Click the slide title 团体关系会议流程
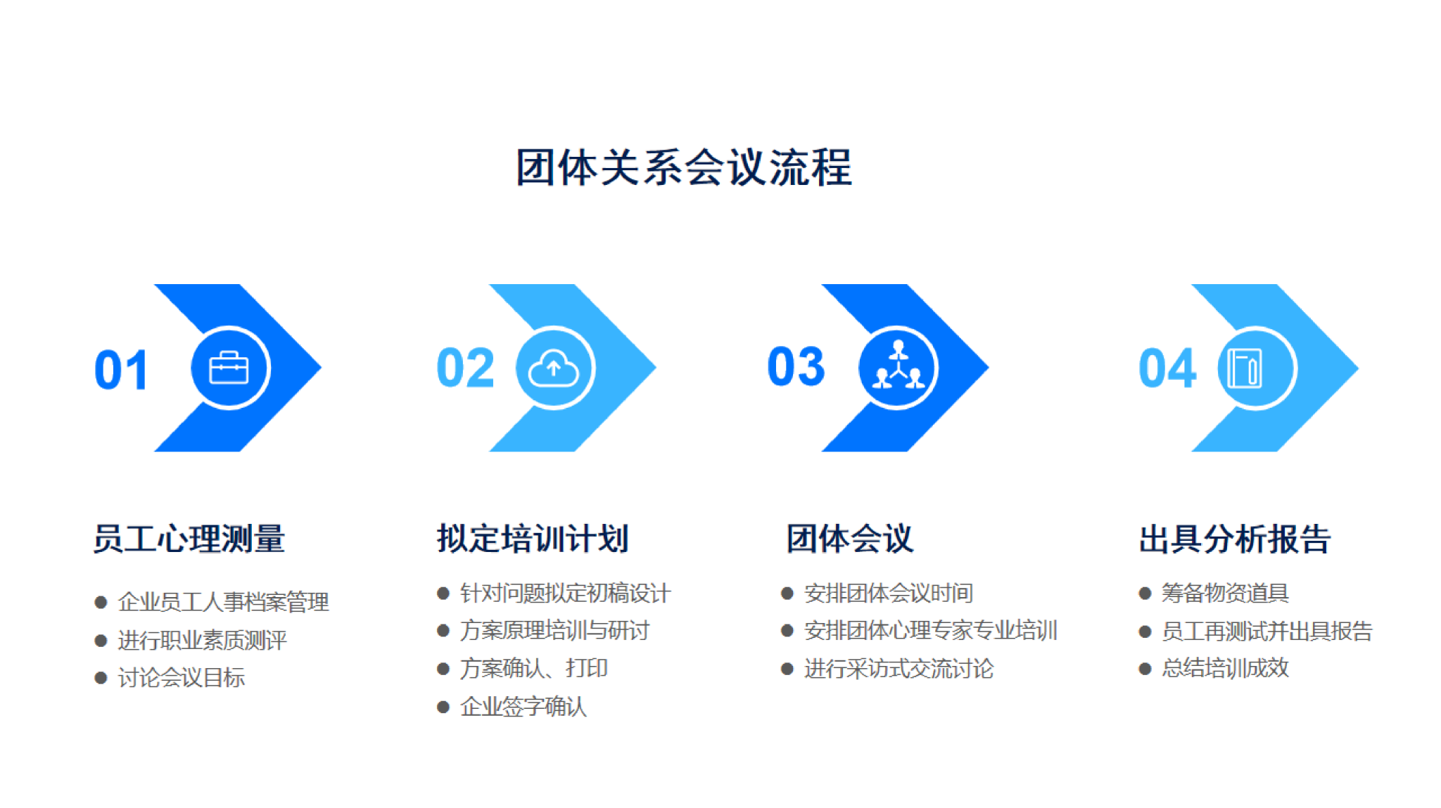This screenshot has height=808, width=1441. pyautogui.click(x=684, y=167)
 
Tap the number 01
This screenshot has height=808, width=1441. pyautogui.click(x=121, y=370)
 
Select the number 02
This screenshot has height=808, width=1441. pyautogui.click(x=465, y=368)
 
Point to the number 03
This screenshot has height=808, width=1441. pyautogui.click(x=796, y=366)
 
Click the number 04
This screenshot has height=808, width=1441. pyautogui.click(x=1167, y=368)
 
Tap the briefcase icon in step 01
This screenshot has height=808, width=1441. pyautogui.click(x=229, y=368)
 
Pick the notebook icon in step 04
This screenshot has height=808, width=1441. pyautogui.click(x=1244, y=368)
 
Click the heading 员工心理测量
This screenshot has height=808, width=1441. pyautogui.click(x=189, y=539)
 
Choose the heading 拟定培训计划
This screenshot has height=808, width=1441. pyautogui.click(x=533, y=539)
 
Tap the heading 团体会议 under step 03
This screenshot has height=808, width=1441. pyautogui.click(x=850, y=539)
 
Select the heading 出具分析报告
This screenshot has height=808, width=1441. pyautogui.click(x=1235, y=539)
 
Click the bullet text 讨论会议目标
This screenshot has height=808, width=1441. pyautogui.click(x=182, y=678)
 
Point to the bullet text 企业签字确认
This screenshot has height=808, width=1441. pyautogui.click(x=523, y=707)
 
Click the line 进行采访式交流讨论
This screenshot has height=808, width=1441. pyautogui.click(x=899, y=669)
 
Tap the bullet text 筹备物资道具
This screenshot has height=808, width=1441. pyautogui.click(x=1225, y=594)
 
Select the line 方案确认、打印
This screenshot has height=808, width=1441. pyautogui.click(x=534, y=669)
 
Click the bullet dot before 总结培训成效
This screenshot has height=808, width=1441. pyautogui.click(x=1145, y=669)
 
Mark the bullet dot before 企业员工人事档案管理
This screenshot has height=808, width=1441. pyautogui.click(x=101, y=603)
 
